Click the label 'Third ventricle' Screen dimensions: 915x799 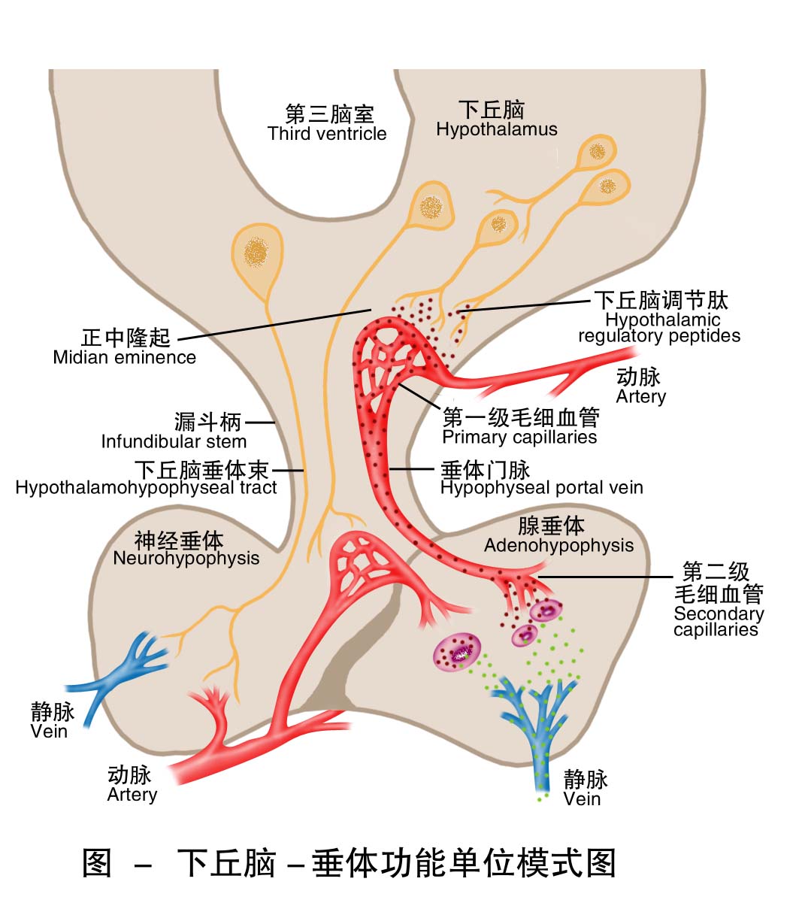click(x=327, y=134)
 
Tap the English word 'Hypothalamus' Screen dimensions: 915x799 click(x=497, y=129)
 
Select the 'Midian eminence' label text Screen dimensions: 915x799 click(x=124, y=357)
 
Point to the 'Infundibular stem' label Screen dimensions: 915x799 click(x=174, y=441)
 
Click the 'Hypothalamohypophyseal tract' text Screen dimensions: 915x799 click(x=146, y=487)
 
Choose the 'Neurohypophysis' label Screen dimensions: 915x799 click(x=186, y=558)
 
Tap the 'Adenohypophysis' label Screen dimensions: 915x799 click(x=558, y=545)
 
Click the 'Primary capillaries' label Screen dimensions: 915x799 click(x=519, y=437)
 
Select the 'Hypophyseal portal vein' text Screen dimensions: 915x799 click(x=541, y=487)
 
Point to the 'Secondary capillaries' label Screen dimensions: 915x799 click(x=718, y=621)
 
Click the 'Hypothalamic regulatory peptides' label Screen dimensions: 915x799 click(x=659, y=328)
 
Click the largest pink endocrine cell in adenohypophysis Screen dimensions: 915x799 click(x=457, y=651)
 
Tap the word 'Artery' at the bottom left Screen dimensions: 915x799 click(x=132, y=795)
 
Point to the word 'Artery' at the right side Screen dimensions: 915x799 click(x=641, y=396)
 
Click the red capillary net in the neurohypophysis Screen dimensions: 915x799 click(x=361, y=560)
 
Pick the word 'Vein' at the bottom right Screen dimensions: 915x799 click(x=582, y=798)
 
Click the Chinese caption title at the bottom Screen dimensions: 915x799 click(x=349, y=862)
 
